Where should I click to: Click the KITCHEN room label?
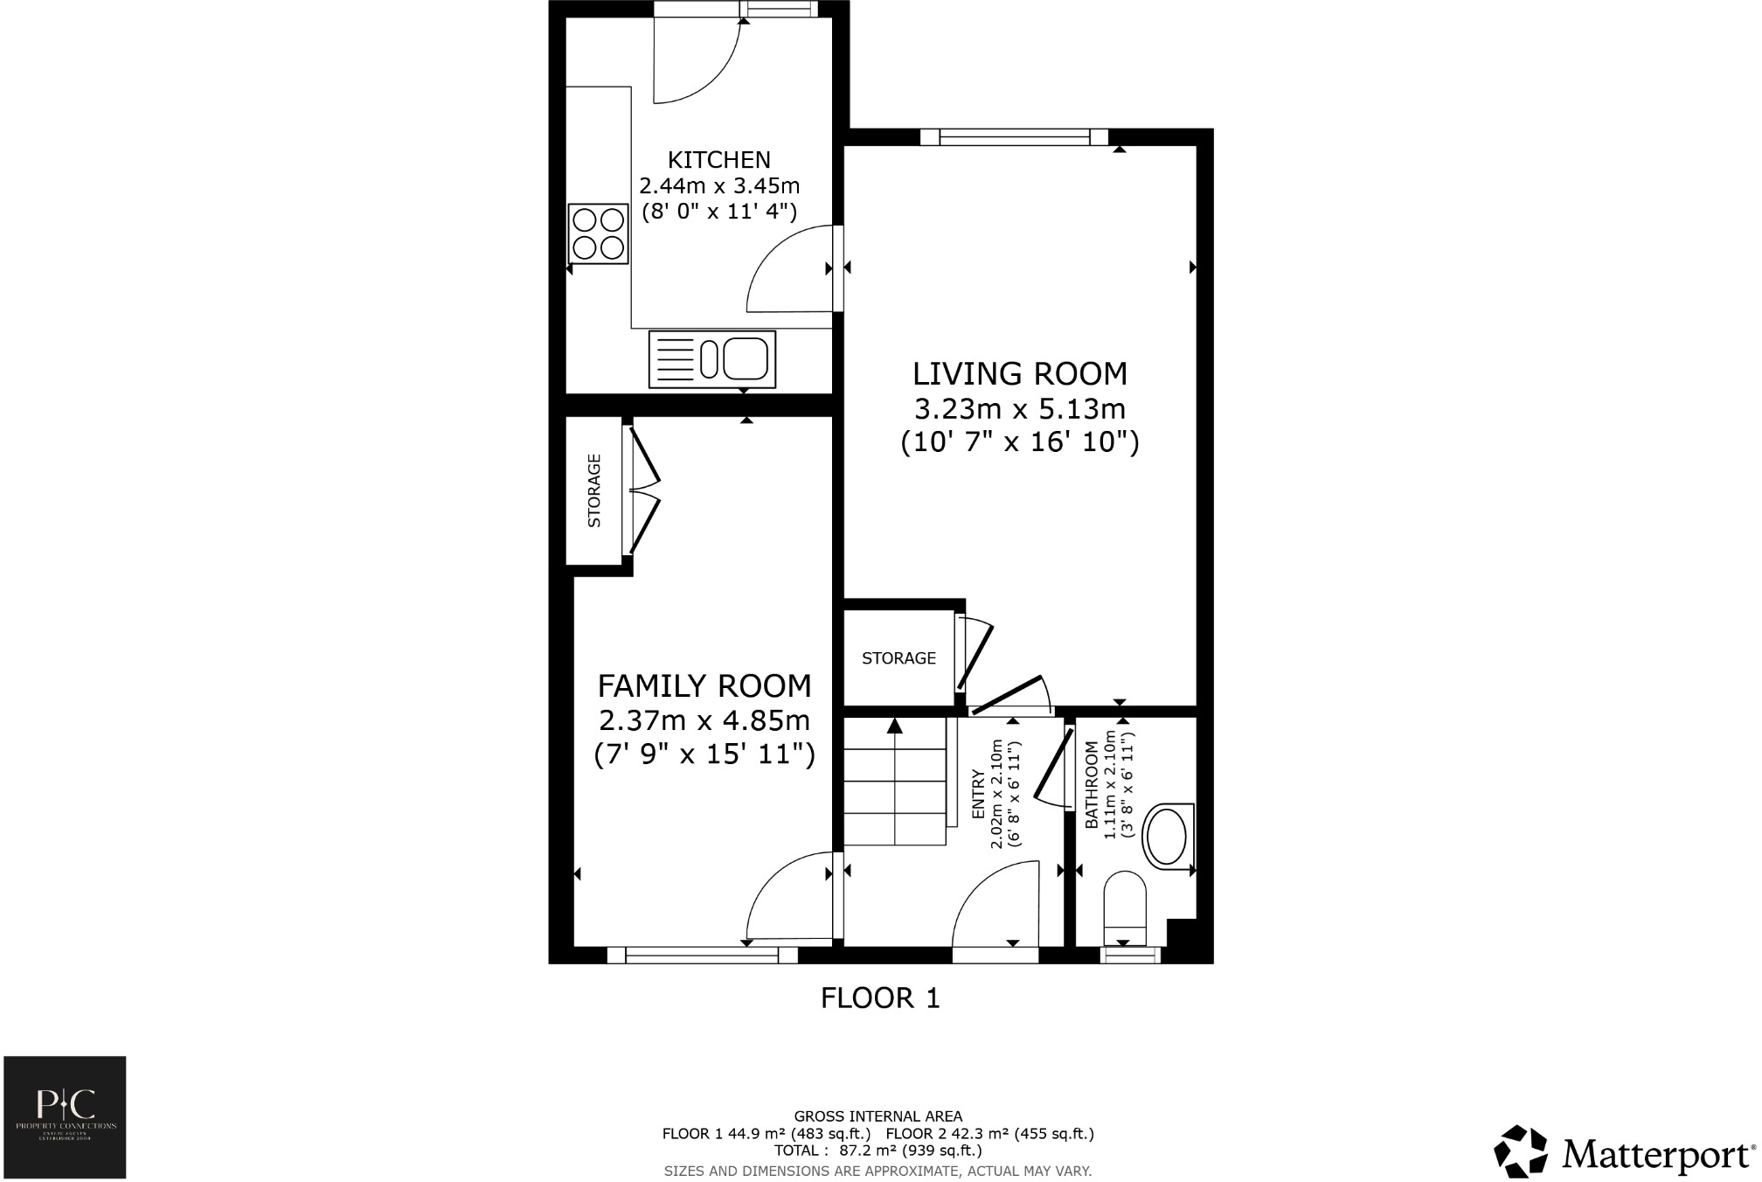coord(718,160)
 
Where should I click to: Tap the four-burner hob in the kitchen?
coord(598,233)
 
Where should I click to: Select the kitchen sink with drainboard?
coord(711,358)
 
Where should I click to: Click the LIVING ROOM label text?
coord(1019,374)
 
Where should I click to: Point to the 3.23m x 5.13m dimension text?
coord(1019,409)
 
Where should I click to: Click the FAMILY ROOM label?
coord(704,686)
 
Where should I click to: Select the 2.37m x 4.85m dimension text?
coord(704,721)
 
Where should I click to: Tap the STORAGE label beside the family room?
coord(594,490)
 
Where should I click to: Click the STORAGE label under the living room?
coord(898,658)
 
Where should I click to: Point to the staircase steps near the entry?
coord(895,782)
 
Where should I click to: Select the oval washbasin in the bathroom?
coord(1167,837)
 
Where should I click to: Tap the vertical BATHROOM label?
coord(1091,785)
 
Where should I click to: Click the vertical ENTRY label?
coord(978,794)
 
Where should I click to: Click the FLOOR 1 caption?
coord(879,998)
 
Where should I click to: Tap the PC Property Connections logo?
coord(65,1117)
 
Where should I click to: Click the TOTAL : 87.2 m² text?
coord(878,1151)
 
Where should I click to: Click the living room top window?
coord(1014,136)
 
